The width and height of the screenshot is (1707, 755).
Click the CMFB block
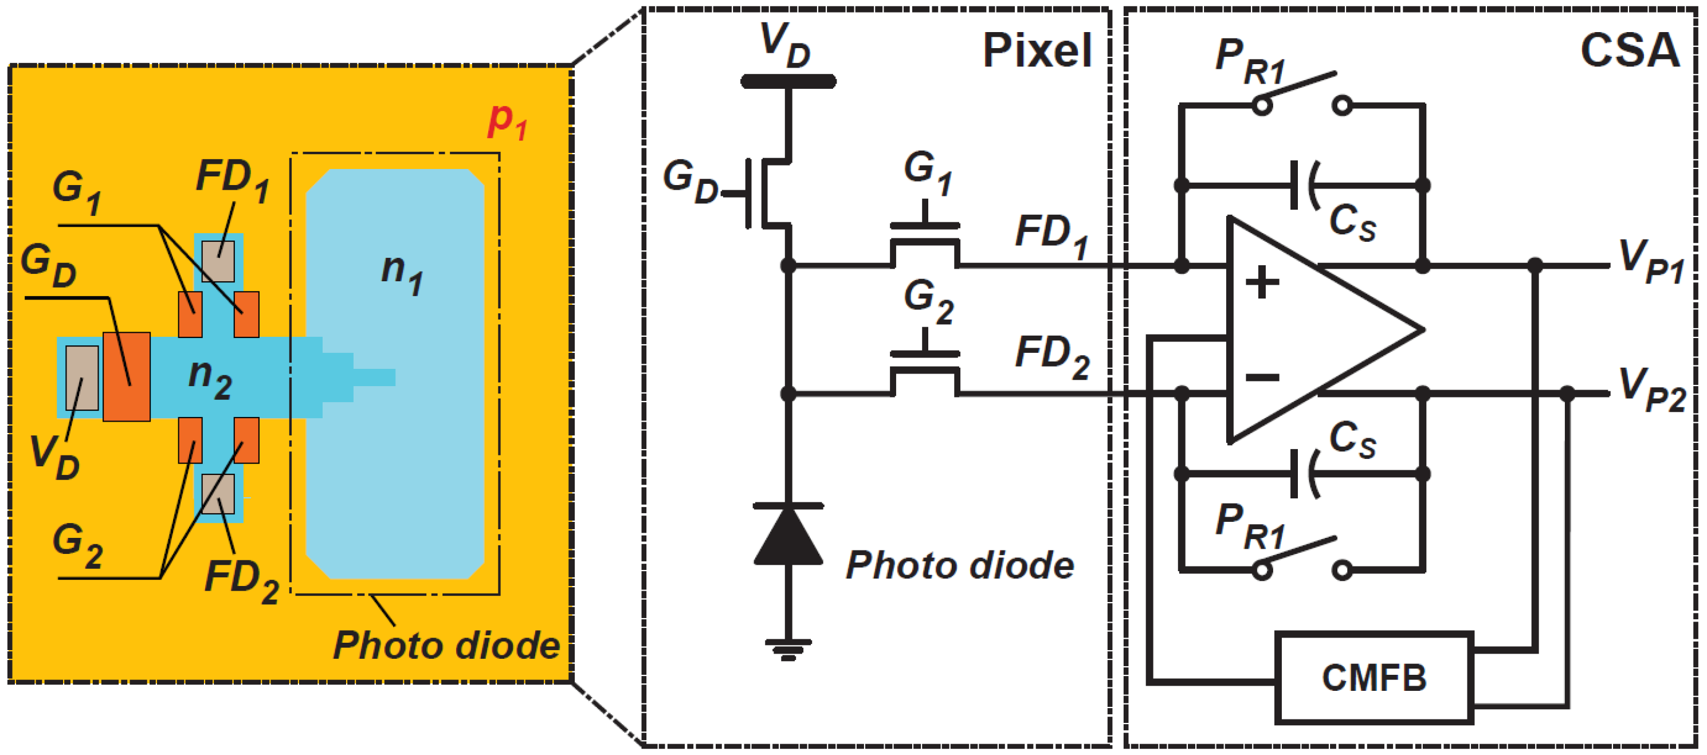point(1374,678)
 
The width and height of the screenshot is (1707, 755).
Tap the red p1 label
point(507,121)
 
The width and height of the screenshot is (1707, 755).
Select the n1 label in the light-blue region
point(402,272)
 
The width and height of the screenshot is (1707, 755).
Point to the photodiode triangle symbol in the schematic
point(788,535)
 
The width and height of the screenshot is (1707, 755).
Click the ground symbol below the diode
point(788,649)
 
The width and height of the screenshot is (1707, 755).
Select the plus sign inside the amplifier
point(1262,284)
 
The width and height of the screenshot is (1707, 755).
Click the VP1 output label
point(1650,262)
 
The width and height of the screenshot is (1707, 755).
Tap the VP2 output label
point(1650,391)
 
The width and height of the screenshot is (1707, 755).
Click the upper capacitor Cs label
point(1352,223)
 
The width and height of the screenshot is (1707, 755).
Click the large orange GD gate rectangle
point(127,376)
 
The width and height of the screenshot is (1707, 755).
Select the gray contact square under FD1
point(218,261)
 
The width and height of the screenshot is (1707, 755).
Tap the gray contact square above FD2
point(218,494)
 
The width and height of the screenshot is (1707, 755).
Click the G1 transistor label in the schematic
point(928,172)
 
